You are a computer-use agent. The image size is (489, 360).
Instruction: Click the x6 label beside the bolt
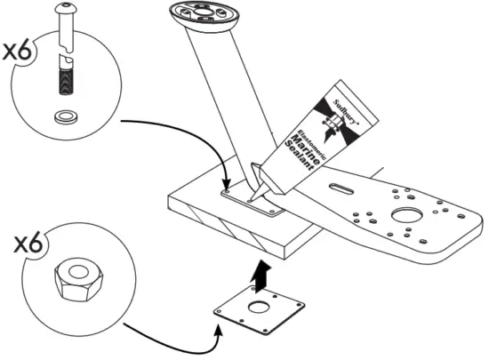[19, 52]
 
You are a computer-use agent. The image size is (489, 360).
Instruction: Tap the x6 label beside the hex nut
[19, 243]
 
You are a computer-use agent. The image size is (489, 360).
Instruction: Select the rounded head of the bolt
[66, 11]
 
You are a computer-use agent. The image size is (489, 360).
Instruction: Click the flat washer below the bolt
[66, 116]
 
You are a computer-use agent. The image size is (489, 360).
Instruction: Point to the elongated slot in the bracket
[341, 186]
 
